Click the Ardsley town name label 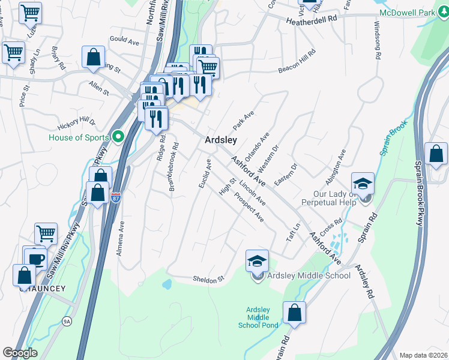(x=221, y=139)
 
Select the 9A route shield (x=66, y=322)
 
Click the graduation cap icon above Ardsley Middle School (x=257, y=261)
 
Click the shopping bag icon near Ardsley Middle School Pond (x=294, y=313)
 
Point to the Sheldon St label (x=208, y=279)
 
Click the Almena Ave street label (x=121, y=238)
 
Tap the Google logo (x=20, y=353)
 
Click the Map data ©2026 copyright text (x=423, y=355)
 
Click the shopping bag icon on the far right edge (x=436, y=154)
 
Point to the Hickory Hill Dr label (x=77, y=124)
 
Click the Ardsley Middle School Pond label (x=262, y=317)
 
